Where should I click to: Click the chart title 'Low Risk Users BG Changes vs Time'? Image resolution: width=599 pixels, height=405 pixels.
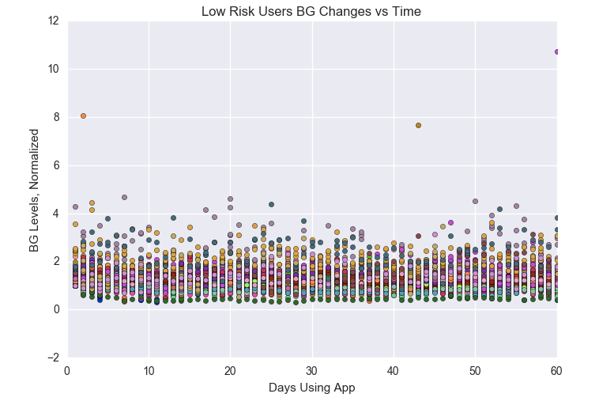(x=311, y=11)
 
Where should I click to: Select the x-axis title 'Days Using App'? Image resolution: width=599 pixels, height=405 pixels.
(x=311, y=388)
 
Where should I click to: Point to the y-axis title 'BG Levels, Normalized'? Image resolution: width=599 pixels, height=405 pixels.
(x=34, y=189)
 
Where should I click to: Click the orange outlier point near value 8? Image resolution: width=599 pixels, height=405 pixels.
(x=83, y=115)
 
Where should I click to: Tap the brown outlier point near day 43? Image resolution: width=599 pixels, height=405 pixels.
(x=418, y=125)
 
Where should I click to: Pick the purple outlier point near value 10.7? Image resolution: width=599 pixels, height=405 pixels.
(x=556, y=51)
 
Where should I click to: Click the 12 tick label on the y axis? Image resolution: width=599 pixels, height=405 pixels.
(x=53, y=21)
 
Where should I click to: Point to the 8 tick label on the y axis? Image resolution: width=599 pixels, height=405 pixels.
(x=56, y=117)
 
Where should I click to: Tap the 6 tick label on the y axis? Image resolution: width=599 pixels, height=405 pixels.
(x=56, y=165)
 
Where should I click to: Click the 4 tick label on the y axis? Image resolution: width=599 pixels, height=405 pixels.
(x=56, y=214)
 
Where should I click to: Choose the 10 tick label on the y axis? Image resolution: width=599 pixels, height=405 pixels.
(x=53, y=70)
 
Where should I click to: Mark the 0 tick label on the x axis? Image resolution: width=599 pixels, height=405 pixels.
(x=67, y=369)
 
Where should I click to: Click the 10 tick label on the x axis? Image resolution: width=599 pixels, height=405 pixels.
(x=149, y=369)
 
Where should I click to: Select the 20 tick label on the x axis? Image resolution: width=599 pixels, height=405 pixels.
(x=230, y=369)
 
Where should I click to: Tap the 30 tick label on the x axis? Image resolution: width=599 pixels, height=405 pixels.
(x=311, y=369)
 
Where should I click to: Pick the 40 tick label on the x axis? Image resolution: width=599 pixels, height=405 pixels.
(x=394, y=369)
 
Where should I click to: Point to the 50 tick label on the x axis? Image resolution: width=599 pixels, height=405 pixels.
(x=475, y=369)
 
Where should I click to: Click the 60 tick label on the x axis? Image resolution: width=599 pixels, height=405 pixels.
(x=556, y=369)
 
